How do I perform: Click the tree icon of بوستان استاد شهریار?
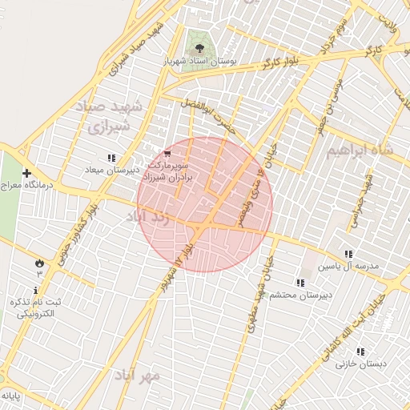(x=195, y=36)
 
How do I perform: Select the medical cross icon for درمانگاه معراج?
(x=26, y=173)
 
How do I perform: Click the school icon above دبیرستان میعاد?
(x=111, y=158)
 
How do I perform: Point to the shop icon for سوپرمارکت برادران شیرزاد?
(x=167, y=153)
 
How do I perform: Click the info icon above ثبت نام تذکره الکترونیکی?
(x=36, y=289)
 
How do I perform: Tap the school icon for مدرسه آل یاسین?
(x=347, y=253)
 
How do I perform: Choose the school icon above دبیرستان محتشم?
(x=299, y=283)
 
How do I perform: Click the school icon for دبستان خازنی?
(x=360, y=351)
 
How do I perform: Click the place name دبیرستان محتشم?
(x=299, y=295)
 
